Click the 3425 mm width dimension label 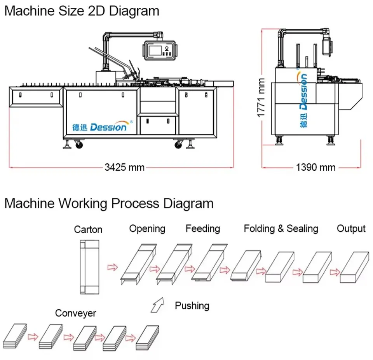[124, 168]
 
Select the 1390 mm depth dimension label [315, 168]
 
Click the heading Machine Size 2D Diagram [82, 11]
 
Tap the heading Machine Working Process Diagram [109, 203]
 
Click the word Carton [88, 229]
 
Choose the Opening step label [147, 229]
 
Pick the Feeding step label [202, 229]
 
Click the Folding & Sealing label [281, 229]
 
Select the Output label [351, 229]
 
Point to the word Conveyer [75, 313]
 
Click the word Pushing [192, 306]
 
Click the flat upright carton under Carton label [89, 266]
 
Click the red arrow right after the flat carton [113, 267]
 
